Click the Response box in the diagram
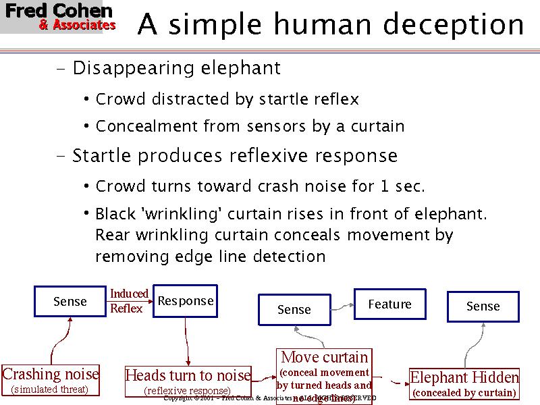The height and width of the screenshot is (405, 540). pos(185,301)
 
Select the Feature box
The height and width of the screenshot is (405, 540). pos(389,304)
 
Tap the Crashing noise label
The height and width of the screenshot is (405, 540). pos(51,374)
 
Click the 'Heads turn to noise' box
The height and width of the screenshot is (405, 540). pos(188,375)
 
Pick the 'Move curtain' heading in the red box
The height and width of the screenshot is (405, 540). pos(325,357)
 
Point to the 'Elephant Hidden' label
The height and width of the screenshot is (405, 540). pos(464,377)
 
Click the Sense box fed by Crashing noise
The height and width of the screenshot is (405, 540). pos(70,302)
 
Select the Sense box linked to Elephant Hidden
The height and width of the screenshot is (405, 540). pos(483,306)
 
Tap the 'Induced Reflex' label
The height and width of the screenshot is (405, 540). pos(128,301)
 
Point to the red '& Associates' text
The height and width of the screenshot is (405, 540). pos(77,26)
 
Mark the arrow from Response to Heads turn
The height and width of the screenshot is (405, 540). pos(186,341)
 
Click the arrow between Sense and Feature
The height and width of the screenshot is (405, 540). pos(343,307)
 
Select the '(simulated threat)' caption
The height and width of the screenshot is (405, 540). pos(50,389)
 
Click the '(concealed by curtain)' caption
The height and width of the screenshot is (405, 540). pos(464,392)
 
